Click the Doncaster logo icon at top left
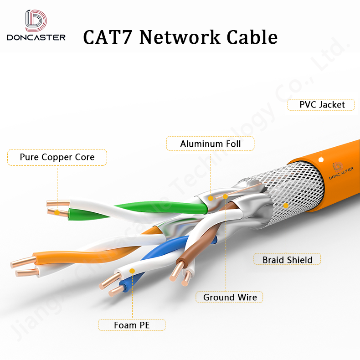[36, 21]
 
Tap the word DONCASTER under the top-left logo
[36, 37]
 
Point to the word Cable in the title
[253, 36]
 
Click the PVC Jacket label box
[321, 105]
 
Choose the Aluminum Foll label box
[210, 144]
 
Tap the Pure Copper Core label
[57, 157]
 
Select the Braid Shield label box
[287, 260]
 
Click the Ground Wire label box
[230, 298]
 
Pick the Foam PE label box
[132, 325]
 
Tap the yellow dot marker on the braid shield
[286, 206]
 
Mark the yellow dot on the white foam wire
[132, 271]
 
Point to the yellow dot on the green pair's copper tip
[57, 212]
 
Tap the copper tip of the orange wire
[23, 262]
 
